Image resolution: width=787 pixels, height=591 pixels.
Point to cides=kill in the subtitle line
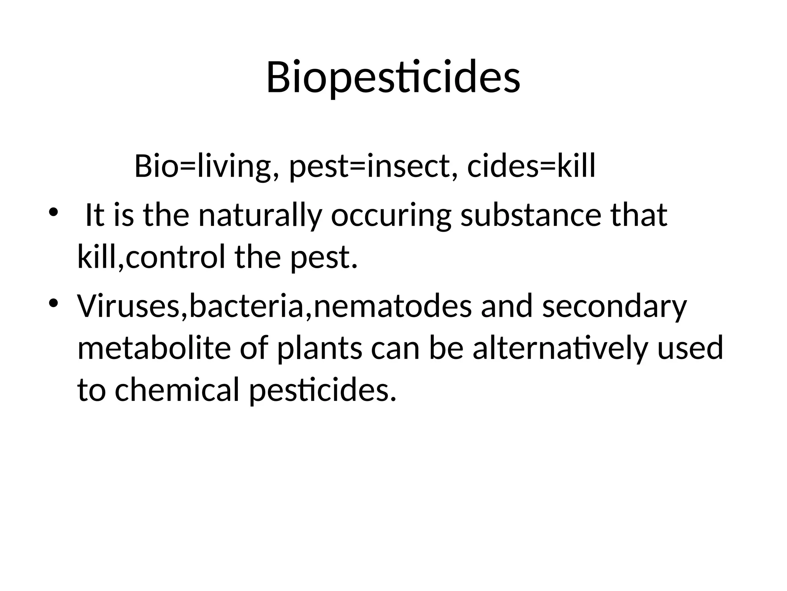(531, 166)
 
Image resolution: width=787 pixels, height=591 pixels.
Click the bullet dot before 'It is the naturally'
(53, 212)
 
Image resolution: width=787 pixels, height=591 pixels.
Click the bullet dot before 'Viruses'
(53, 303)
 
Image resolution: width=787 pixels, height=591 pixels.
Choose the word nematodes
(392, 306)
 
